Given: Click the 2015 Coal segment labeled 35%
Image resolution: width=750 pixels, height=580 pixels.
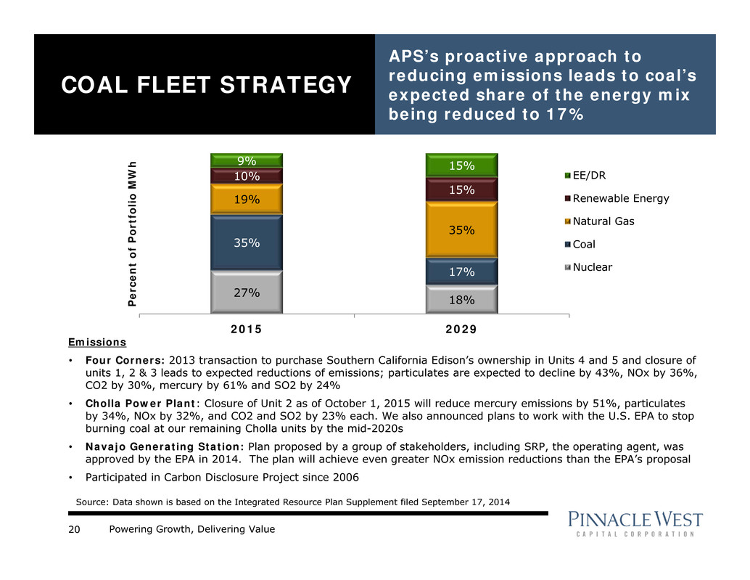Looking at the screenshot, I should (247, 242).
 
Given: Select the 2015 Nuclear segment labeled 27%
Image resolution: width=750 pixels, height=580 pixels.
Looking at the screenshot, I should (247, 293).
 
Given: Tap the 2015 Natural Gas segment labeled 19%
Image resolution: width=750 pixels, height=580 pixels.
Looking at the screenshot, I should (247, 199).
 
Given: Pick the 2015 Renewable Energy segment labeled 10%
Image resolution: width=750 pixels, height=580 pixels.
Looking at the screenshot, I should (247, 176).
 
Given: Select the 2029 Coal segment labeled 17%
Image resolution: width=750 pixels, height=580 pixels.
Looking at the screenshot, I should (461, 272).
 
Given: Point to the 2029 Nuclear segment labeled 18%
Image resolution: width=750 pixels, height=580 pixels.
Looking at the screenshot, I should (461, 299).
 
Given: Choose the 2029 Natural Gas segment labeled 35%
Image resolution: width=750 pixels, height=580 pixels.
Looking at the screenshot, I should (461, 230).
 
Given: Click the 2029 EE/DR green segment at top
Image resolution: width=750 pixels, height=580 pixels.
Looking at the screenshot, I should (461, 166).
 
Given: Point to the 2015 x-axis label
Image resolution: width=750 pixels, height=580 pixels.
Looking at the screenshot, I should (246, 329).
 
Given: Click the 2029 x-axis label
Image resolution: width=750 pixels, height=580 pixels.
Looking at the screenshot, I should (461, 329).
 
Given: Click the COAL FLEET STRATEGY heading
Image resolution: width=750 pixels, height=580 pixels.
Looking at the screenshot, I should (206, 86).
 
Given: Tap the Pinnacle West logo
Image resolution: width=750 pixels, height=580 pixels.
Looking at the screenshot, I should (635, 526).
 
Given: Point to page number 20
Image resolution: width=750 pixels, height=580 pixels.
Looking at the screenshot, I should (74, 529).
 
